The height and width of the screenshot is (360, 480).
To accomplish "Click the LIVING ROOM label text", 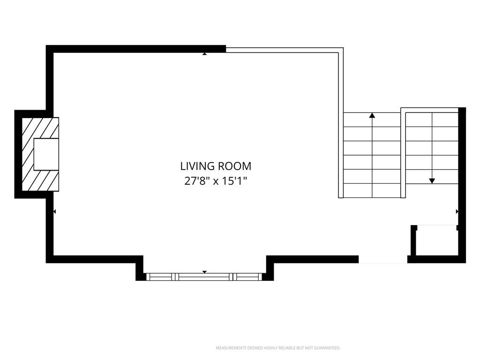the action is point(216,166).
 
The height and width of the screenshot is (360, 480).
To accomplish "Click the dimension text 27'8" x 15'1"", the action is point(216,181).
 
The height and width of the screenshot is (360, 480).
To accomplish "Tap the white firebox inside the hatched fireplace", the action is point(46,154).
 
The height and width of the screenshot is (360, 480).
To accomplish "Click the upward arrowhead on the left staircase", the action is point(372,115).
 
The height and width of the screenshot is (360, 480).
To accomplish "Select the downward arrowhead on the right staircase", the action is point(432,181).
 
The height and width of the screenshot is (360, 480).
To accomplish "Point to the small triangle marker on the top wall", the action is point(204,54).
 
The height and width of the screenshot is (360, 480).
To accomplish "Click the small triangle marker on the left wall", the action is point(54,211).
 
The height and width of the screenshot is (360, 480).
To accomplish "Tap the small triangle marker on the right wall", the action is point(457,211).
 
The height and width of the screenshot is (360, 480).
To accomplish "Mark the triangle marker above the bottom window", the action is point(204,272).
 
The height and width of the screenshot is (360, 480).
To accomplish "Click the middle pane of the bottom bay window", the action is point(204,277).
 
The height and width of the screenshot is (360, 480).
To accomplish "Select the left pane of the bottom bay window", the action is point(160,277).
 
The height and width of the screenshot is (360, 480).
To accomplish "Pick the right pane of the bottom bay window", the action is point(247,277).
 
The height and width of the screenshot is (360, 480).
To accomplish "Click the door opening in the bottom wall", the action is point(383,260).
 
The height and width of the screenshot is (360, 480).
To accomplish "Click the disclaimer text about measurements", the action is point(278,348).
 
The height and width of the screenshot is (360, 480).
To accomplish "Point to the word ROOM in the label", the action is point(234,166).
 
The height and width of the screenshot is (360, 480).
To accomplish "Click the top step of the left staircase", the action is point(372,120).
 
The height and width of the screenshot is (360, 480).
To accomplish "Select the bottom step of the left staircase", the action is point(372,190).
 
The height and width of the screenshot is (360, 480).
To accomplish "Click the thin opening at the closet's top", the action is point(437,225).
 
